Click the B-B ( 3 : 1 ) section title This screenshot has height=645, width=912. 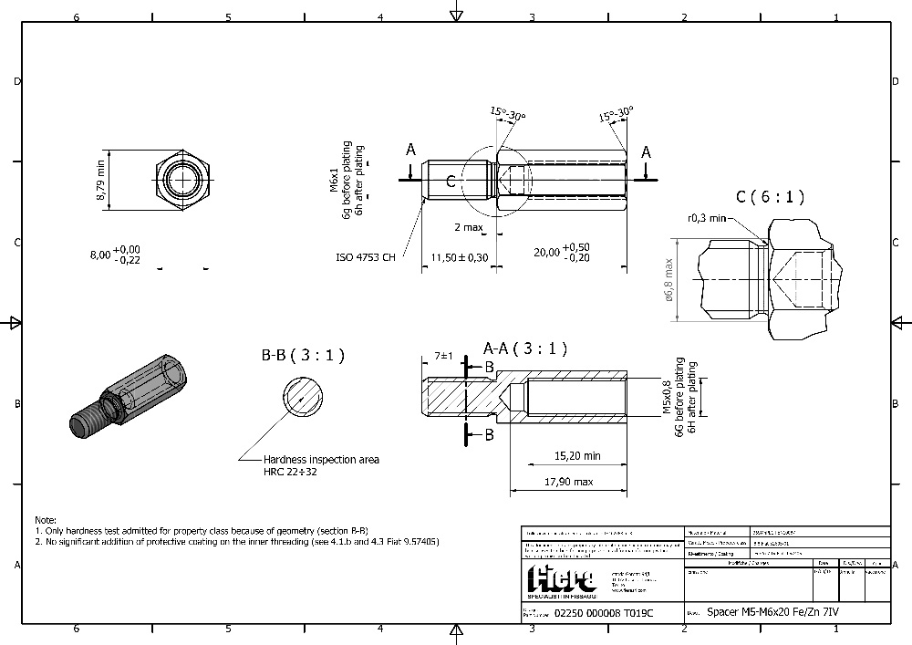pos(303,356)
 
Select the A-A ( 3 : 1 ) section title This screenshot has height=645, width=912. pos(525,348)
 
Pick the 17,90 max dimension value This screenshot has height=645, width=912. pos(567,482)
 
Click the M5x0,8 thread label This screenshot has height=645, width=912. pos(667,398)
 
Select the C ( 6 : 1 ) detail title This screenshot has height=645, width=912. pos(771,196)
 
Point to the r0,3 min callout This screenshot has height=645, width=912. pos(708,218)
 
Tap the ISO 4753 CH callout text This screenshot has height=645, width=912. pos(365,257)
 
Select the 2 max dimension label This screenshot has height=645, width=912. pos(469,226)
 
